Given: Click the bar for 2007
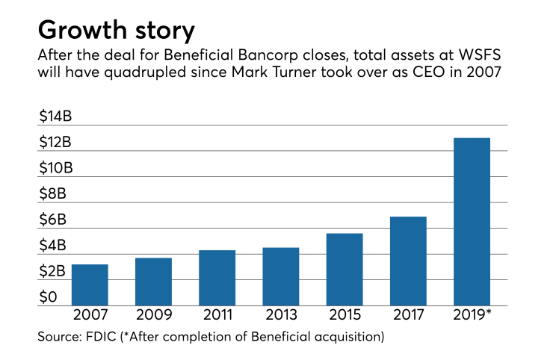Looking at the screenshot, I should (90, 285).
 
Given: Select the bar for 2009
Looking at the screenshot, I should (153, 282).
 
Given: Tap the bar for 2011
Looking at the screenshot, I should (217, 278).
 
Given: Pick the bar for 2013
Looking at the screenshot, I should (281, 276).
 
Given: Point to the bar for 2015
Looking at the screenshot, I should (345, 270).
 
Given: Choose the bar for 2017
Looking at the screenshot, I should (408, 261).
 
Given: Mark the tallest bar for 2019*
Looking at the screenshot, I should (472, 222).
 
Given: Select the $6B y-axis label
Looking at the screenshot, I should (52, 220).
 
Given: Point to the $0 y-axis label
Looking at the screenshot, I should (47, 298).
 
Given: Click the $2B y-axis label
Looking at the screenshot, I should (52, 271).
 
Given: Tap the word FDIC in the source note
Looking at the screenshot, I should (104, 337).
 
